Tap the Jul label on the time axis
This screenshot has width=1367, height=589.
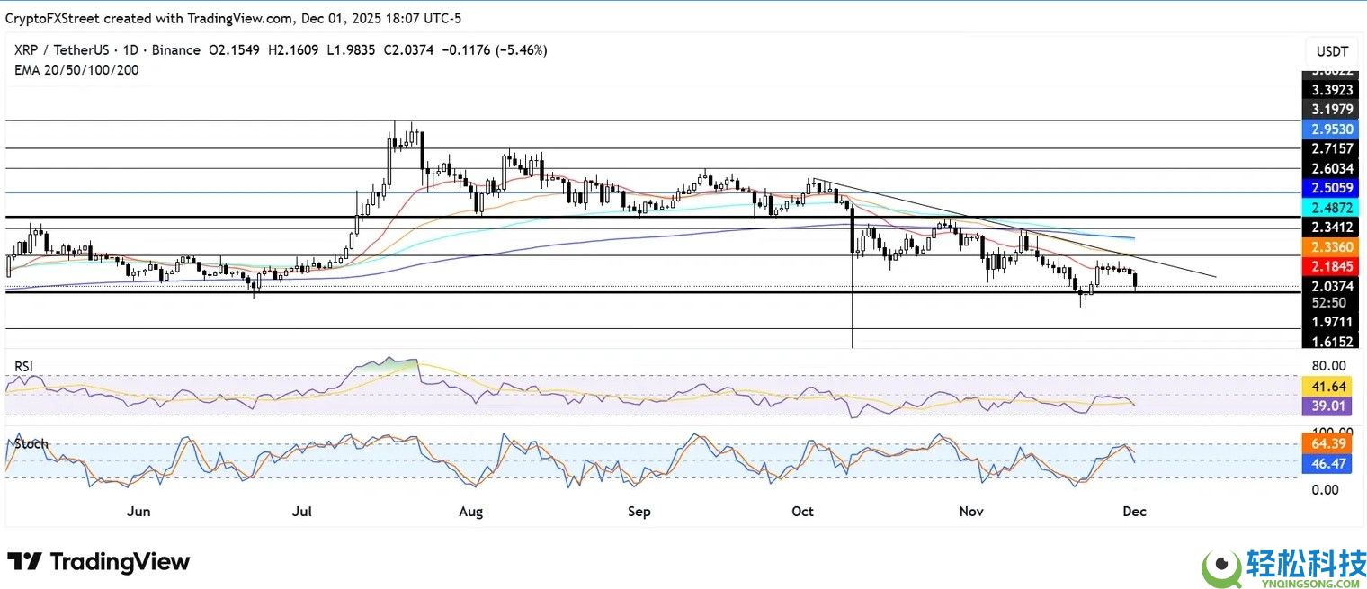pos(302,512)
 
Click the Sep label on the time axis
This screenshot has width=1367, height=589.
pos(639,512)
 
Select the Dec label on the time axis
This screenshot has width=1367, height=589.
pos(1134,512)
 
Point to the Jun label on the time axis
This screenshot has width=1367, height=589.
pos(138,512)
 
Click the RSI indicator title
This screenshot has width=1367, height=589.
pos(24,366)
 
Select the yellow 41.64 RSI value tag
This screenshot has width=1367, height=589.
pos(1328,387)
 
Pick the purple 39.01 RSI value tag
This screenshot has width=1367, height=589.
pos(1328,406)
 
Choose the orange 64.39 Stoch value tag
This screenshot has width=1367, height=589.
pos(1328,443)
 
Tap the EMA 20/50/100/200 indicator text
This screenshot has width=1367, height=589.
pos(76,69)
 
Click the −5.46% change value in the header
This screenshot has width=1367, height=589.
pos(525,50)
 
